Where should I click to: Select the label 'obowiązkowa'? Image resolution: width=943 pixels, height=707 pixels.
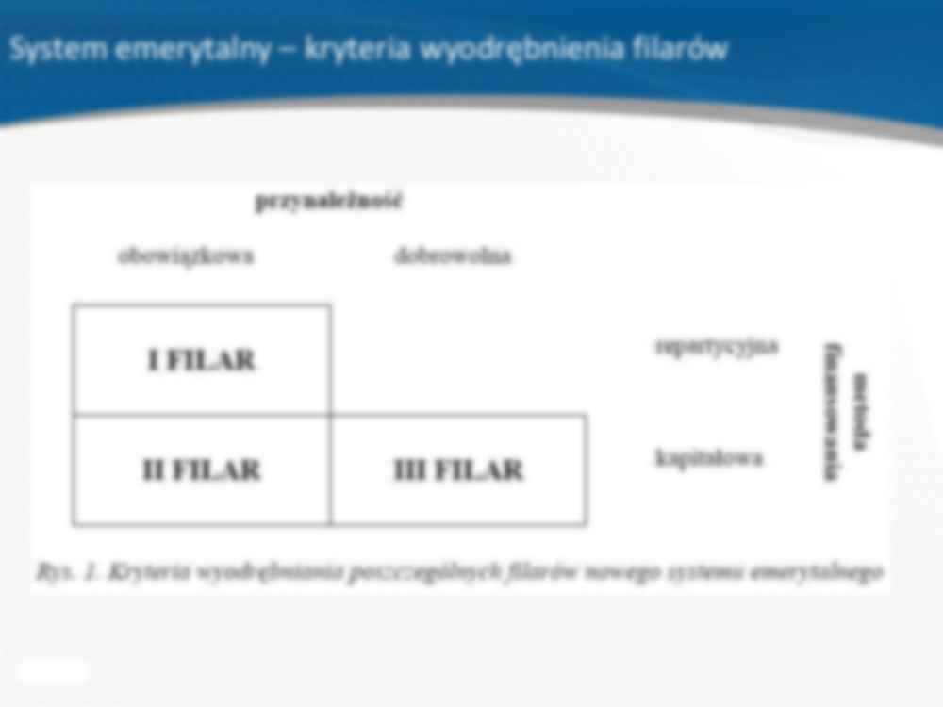[x=186, y=256]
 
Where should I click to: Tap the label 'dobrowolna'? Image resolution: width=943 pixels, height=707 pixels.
[x=453, y=256]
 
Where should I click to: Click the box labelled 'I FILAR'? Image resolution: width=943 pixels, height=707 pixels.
[x=202, y=360]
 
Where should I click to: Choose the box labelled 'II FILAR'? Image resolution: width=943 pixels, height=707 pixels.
[x=202, y=469]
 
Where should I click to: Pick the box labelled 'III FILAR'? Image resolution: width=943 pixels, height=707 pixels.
[x=458, y=469]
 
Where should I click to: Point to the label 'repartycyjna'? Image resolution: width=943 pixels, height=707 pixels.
[x=717, y=346]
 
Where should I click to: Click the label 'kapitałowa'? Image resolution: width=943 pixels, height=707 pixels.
[x=709, y=459]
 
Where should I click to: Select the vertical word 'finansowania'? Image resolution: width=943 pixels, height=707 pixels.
[x=832, y=412]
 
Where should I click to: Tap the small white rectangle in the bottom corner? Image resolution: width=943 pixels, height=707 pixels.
[x=53, y=670]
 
